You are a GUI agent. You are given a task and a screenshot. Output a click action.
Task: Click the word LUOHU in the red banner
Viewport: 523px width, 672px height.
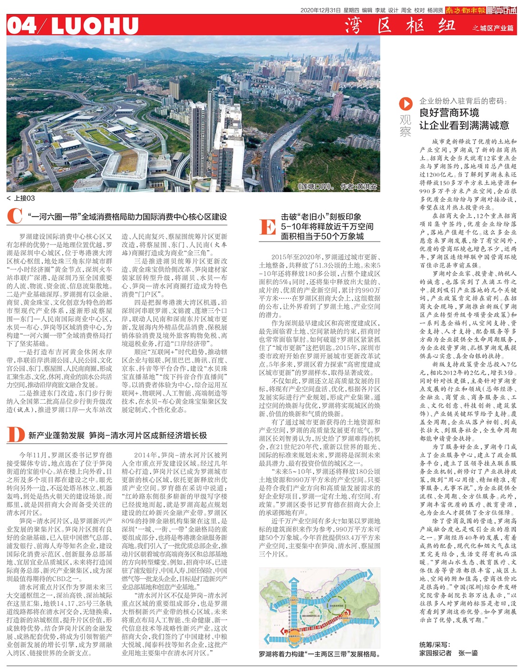[x=95, y=26]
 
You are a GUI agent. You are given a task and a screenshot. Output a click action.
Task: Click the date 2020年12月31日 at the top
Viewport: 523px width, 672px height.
[x=320, y=10]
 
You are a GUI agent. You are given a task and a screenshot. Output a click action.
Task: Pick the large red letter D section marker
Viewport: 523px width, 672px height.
[x=15, y=435]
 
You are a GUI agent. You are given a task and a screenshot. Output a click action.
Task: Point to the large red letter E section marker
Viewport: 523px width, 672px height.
[x=268, y=226]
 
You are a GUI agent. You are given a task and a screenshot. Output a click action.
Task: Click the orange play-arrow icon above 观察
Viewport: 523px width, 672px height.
[x=405, y=103]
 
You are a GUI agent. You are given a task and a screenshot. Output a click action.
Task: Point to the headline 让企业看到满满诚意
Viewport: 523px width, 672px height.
[x=464, y=126]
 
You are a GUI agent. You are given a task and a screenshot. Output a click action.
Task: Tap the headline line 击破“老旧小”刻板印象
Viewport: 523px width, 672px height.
[x=321, y=217]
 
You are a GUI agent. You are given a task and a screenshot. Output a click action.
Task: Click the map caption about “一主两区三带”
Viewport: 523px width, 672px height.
[x=320, y=654]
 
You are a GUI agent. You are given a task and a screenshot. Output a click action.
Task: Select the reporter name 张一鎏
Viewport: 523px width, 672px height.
[x=468, y=653]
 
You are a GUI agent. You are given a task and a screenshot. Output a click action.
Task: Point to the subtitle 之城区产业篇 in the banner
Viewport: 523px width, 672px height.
[x=493, y=28]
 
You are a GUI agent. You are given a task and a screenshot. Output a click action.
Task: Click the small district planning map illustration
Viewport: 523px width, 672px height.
[x=320, y=608]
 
